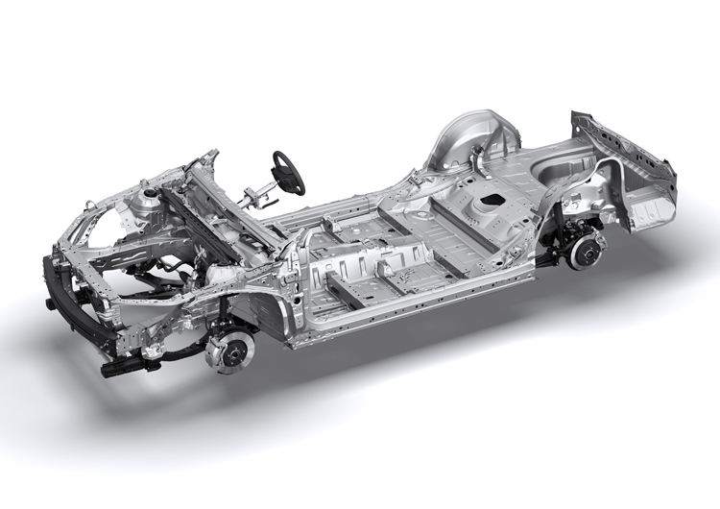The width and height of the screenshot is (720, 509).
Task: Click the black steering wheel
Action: pos(288,172)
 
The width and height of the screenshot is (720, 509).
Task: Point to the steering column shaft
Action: pos(257,197)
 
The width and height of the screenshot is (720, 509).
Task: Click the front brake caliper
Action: pos(217,342)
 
